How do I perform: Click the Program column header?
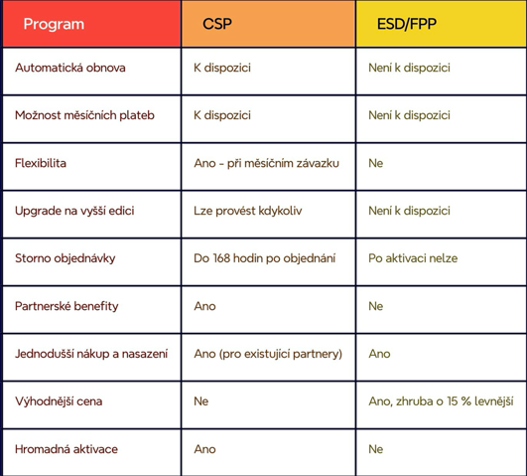click(54, 24)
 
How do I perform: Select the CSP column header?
click(217, 24)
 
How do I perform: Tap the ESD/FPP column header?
click(407, 24)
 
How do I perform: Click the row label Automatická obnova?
click(70, 68)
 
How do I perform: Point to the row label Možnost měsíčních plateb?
click(84, 115)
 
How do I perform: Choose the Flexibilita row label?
click(41, 163)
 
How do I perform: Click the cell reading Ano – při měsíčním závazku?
click(267, 163)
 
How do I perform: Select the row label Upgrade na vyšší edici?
click(74, 211)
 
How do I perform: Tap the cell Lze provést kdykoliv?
click(248, 211)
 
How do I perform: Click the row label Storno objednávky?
click(66, 258)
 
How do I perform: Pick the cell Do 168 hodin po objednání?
click(265, 258)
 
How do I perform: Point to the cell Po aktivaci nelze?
click(413, 258)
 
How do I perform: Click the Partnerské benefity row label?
click(66, 306)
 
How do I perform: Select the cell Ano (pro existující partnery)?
click(268, 354)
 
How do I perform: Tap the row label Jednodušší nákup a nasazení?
click(91, 354)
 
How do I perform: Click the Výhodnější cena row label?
click(59, 401)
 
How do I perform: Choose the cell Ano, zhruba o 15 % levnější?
click(441, 401)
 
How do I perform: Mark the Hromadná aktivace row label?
click(66, 449)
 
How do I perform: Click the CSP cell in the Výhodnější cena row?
click(201, 401)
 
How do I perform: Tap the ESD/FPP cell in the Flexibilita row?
click(376, 163)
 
